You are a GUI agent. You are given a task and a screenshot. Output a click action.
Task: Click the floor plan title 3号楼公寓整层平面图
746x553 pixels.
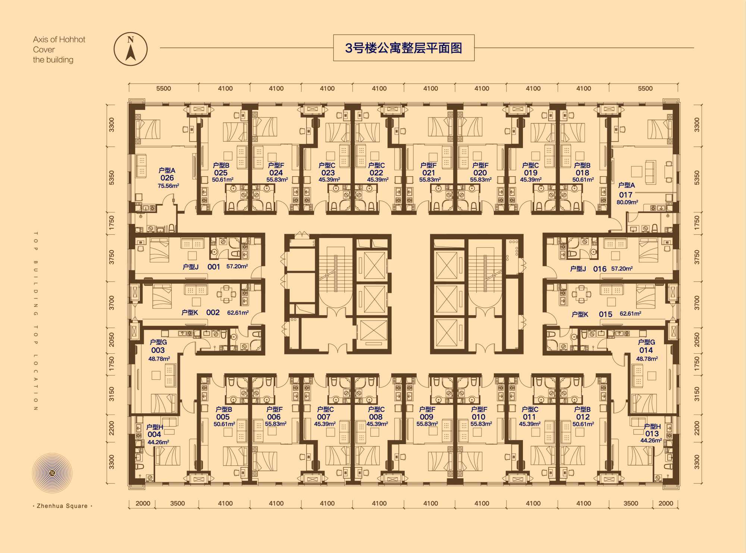coord(404,48)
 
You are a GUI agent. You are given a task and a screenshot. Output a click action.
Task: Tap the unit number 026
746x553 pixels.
coord(167,178)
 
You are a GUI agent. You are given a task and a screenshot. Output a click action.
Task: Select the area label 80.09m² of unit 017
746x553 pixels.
coord(627,202)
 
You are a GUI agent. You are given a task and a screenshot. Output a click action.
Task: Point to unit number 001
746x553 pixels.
coord(214,267)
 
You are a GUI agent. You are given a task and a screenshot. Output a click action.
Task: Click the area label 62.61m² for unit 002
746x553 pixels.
coord(238,313)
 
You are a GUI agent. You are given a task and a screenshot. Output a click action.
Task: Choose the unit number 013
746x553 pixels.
coord(652,434)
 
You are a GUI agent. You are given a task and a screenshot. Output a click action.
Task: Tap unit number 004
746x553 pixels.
coord(154,434)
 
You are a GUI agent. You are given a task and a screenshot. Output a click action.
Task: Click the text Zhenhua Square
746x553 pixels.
coord(62,506)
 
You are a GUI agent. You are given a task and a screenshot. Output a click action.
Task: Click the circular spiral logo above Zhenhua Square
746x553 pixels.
coord(52,473)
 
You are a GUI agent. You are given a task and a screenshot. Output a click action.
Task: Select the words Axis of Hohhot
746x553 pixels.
coord(59,39)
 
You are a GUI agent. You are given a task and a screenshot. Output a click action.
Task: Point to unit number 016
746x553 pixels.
coord(600,269)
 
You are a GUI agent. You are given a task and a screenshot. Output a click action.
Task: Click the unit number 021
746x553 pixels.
coord(429,173)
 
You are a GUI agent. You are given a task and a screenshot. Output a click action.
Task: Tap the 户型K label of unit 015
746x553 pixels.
coord(580,315)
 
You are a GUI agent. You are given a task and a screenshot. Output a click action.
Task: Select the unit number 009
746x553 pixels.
coord(426,417)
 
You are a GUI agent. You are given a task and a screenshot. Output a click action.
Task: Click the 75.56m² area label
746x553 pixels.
coord(169,186)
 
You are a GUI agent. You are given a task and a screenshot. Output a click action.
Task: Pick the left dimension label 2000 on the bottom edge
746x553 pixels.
coord(143,503)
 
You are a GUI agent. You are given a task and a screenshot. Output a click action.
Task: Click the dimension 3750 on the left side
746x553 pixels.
coord(112,257)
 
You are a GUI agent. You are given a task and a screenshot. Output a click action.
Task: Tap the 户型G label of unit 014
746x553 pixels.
coord(646,342)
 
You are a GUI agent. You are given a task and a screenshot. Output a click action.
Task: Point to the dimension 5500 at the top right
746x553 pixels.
coord(645,88)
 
